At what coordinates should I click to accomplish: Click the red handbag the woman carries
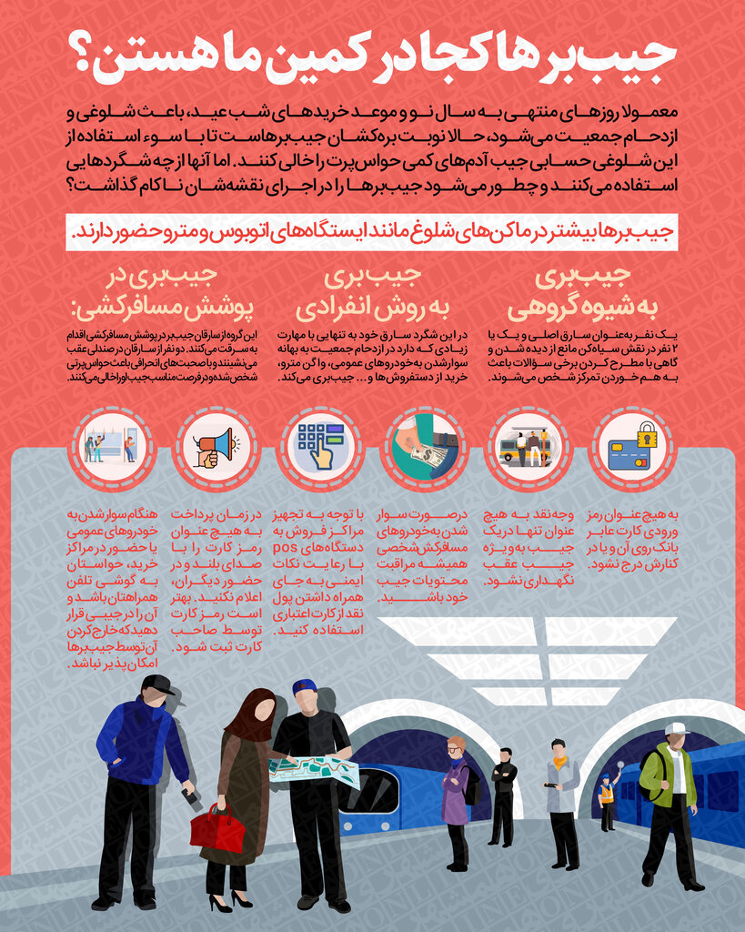coord(216,829)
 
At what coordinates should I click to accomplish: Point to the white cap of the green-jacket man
coord(676,729)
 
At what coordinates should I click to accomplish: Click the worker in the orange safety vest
coord(606,801)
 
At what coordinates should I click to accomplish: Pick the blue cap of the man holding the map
coord(304,687)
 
